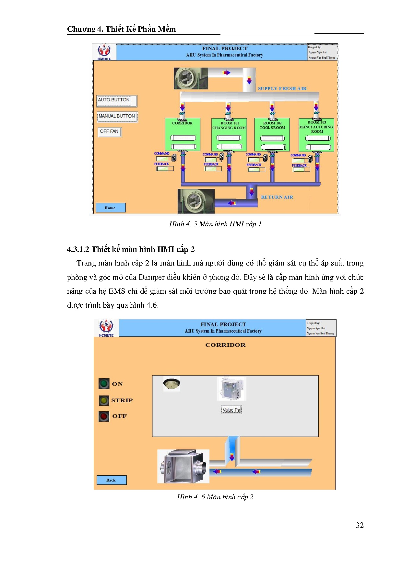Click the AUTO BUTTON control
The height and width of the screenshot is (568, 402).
(x=116, y=101)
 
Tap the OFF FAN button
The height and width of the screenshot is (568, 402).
(x=110, y=131)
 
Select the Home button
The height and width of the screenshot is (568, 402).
(x=110, y=208)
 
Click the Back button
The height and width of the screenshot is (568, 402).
(x=111, y=480)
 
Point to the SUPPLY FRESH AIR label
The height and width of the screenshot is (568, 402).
(x=282, y=88)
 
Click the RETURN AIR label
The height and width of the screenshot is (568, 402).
(x=277, y=197)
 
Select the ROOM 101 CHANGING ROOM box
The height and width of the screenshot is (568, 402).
(x=229, y=135)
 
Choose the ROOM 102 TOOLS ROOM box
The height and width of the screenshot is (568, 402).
(x=272, y=135)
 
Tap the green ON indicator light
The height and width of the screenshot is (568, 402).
(x=104, y=384)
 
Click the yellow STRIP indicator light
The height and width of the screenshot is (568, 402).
(x=104, y=400)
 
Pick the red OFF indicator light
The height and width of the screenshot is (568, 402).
(x=104, y=416)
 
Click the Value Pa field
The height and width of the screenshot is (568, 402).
(x=231, y=410)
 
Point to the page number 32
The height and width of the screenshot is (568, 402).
(x=360, y=525)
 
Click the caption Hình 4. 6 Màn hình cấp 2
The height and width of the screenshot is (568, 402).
(x=215, y=497)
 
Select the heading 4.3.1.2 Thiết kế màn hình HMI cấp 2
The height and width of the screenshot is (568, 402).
(x=131, y=249)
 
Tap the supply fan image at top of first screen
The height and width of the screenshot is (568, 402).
(x=191, y=78)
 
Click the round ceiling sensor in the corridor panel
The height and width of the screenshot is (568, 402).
(x=171, y=384)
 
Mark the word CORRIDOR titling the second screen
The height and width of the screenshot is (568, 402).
(x=225, y=345)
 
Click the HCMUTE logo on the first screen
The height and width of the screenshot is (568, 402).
(x=104, y=52)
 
